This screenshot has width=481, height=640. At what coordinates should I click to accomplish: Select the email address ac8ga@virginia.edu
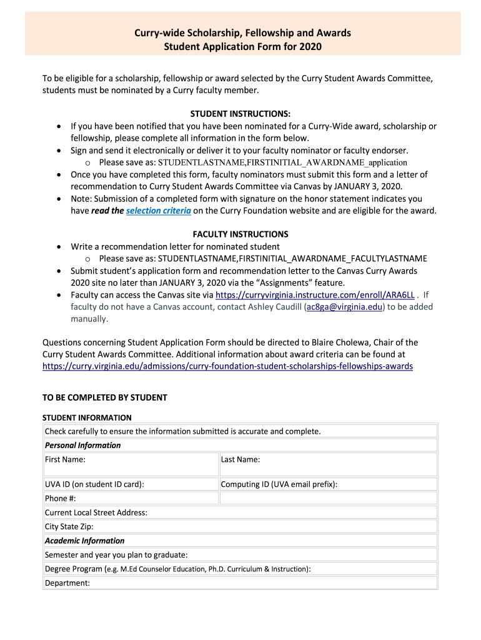coord(344,307)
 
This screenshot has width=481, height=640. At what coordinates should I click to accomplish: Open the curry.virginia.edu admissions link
coord(227,366)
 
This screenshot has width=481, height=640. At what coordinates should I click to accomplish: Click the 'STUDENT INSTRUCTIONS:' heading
coord(240,114)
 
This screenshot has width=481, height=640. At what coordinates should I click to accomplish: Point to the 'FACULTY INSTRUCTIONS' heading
coord(240,234)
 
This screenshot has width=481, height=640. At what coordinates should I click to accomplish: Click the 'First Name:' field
coord(131,464)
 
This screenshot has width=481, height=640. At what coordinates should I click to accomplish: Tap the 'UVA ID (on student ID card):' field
coord(131,484)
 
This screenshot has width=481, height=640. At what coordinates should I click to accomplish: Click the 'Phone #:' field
coord(131,498)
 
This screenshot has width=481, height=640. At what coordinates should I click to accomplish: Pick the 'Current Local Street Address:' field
coord(240,512)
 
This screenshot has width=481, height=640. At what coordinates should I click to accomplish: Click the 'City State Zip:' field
coord(240,527)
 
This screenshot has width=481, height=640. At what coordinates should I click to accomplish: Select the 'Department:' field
coord(240,583)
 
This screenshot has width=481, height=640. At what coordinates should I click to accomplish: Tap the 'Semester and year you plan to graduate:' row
coord(240,555)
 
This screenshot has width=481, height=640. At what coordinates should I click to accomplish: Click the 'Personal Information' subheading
coord(83,446)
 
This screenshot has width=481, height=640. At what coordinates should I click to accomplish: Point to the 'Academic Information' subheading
coord(85,541)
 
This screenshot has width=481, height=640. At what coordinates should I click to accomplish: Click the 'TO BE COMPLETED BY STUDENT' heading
coord(104,397)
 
